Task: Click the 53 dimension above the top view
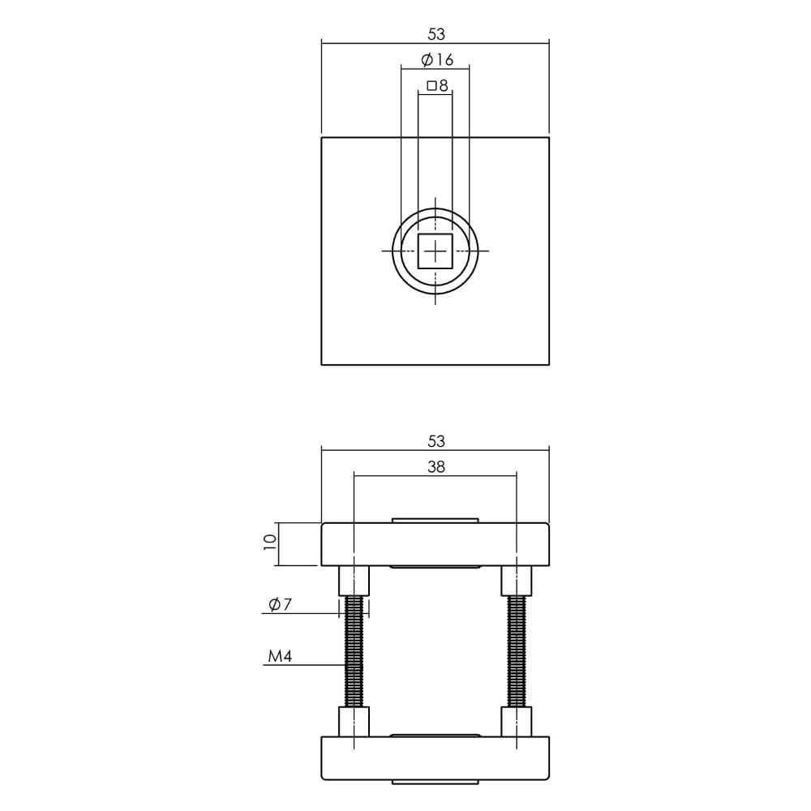coord(436,34)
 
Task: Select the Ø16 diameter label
coord(437,61)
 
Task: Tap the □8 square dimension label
coord(437,85)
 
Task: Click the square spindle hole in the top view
coord(436,252)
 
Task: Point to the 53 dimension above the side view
coord(436,441)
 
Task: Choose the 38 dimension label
coord(436,467)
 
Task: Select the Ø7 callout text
coord(277,604)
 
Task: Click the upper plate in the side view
coord(436,544)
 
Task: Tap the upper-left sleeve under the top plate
coord(354,580)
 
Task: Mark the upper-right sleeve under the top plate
coord(517,580)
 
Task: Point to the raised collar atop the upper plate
coord(436,520)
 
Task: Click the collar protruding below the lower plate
coord(436,782)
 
